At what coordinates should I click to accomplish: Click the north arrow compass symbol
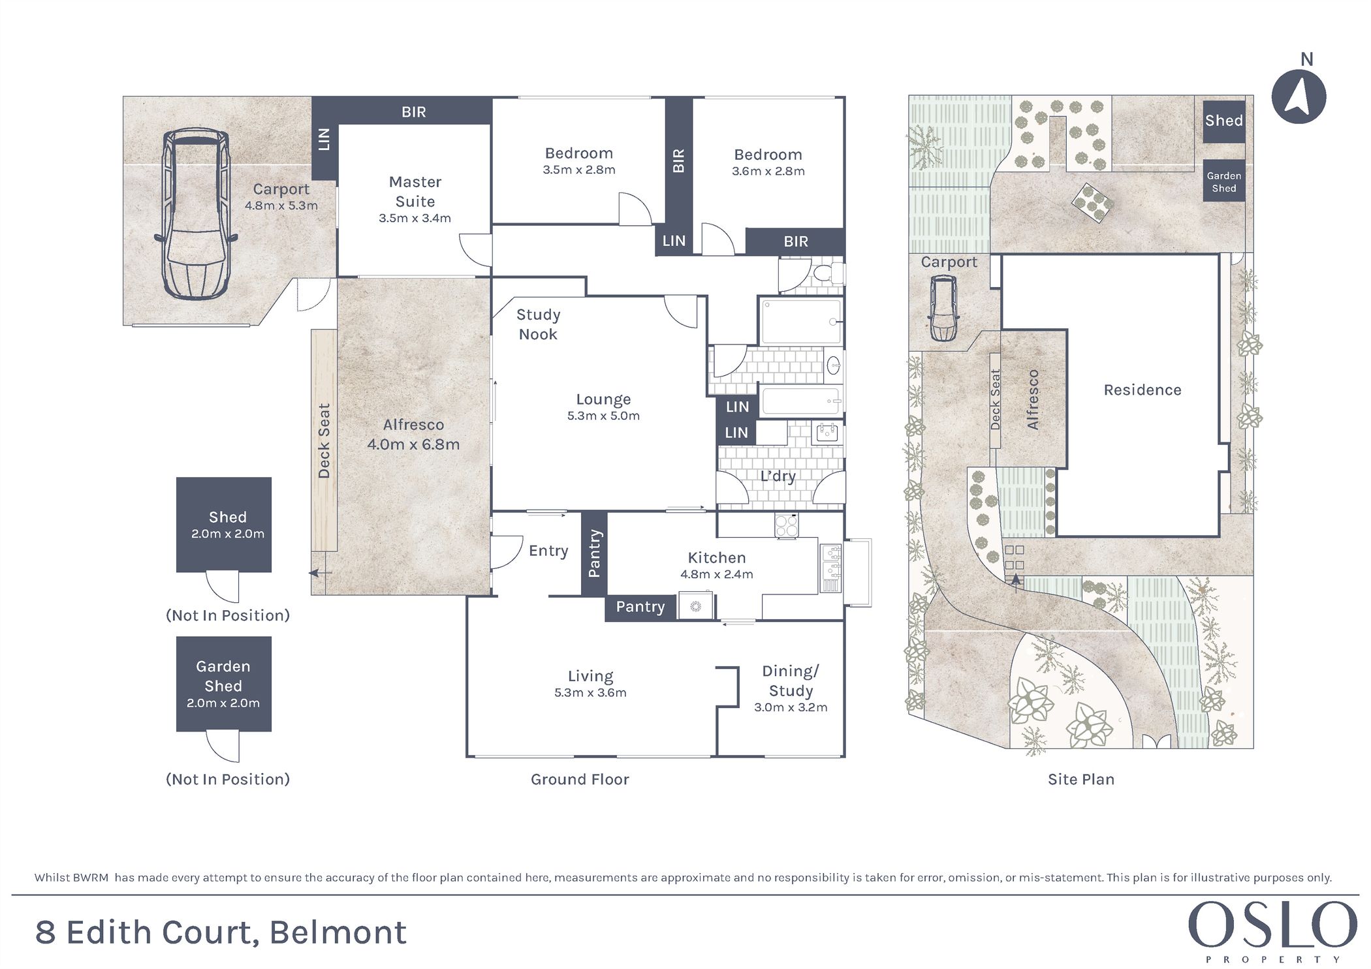click(x=1299, y=97)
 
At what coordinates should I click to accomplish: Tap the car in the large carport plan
click(x=195, y=213)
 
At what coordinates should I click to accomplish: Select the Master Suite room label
click(x=415, y=191)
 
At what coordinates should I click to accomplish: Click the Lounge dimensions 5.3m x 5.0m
click(x=603, y=416)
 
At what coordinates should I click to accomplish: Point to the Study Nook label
click(x=538, y=324)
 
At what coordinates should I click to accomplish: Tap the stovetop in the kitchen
click(x=786, y=525)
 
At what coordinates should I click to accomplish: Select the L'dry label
click(x=778, y=476)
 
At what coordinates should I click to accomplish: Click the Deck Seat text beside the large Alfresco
click(x=324, y=440)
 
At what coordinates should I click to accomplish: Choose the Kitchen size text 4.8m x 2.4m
click(x=717, y=574)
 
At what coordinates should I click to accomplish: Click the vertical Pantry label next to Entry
click(x=593, y=553)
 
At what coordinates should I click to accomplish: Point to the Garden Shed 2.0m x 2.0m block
click(x=223, y=684)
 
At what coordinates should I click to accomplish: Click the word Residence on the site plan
click(x=1142, y=390)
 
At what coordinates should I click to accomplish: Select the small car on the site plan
click(x=943, y=308)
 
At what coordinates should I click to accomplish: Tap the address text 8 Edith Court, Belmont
click(x=221, y=932)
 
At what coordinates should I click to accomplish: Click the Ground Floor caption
click(x=580, y=779)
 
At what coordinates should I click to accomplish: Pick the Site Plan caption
click(x=1081, y=779)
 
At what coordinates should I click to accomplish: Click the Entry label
click(x=548, y=551)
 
